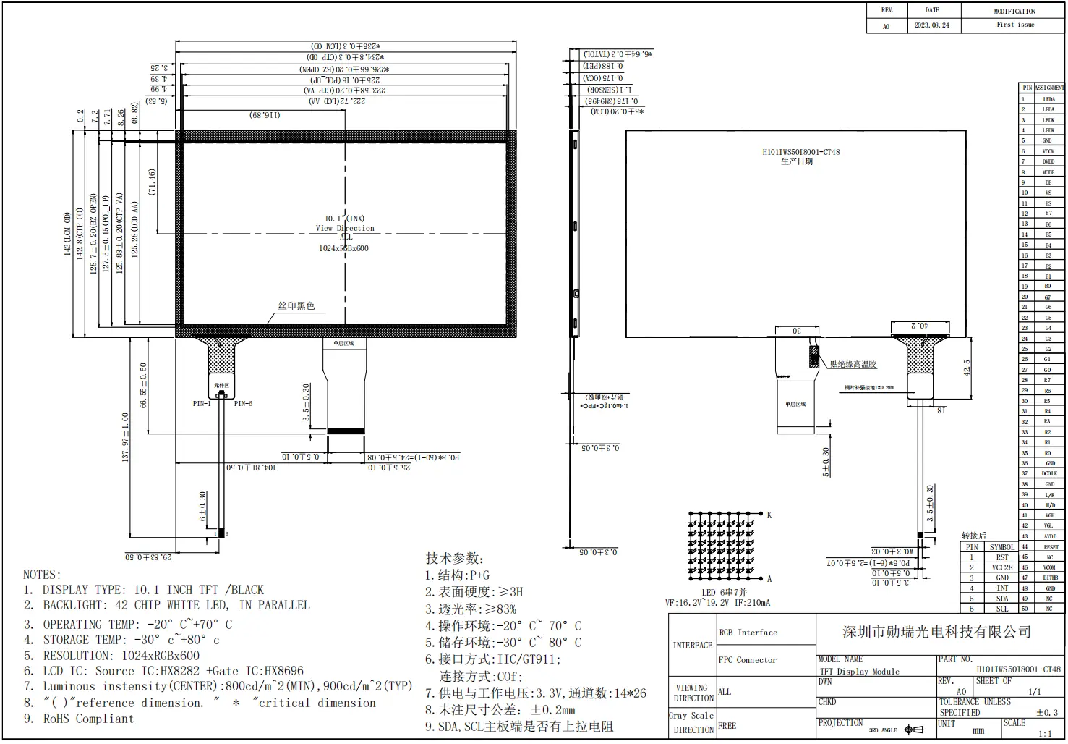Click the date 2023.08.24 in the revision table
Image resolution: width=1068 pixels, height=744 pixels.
[931, 25]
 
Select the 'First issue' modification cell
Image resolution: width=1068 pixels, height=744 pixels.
[1015, 25]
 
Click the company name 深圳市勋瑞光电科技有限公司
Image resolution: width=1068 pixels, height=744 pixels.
[936, 632]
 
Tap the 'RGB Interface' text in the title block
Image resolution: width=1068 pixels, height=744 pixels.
[748, 633]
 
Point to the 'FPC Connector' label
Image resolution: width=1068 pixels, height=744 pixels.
[747, 660]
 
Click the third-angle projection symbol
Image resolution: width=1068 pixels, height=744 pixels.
[914, 730]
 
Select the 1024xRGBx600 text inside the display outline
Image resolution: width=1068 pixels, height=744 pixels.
[343, 248]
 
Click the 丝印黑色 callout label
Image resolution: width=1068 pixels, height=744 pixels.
[296, 306]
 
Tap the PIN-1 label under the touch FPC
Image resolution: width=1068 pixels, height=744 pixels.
[202, 404]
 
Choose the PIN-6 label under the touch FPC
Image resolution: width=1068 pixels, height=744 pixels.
[243, 404]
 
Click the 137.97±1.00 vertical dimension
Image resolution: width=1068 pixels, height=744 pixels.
[125, 437]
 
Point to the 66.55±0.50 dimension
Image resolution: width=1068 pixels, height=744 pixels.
[143, 385]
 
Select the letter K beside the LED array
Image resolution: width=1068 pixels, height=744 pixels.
[769, 515]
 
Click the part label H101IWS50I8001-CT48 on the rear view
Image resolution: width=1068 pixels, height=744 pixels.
[800, 152]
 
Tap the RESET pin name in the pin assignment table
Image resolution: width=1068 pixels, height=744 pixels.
[1051, 547]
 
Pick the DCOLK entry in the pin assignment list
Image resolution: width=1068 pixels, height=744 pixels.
[1049, 473]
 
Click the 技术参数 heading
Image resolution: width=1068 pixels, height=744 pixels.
[454, 558]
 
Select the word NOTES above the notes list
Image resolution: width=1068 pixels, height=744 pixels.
[42, 575]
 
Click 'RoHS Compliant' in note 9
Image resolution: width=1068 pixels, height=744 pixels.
[88, 719]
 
